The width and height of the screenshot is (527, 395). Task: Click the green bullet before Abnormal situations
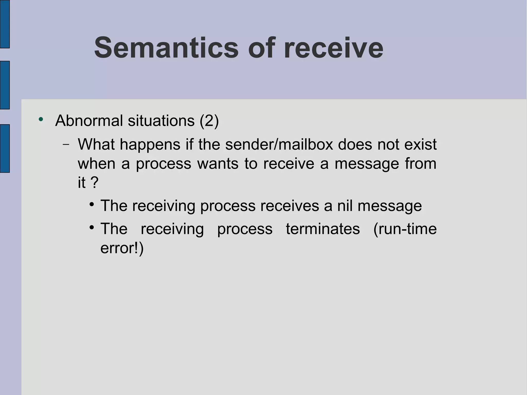coord(41,119)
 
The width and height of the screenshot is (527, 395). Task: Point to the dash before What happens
coord(66,145)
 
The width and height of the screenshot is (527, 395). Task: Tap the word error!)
coord(122,248)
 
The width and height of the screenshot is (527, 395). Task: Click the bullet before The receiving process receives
coord(92,205)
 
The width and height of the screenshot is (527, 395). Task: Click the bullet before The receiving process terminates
coord(92,228)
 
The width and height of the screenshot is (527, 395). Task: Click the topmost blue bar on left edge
coord(5,24)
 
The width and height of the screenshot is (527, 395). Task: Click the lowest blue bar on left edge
coord(5,148)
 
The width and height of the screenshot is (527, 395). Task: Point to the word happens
coord(150,145)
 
